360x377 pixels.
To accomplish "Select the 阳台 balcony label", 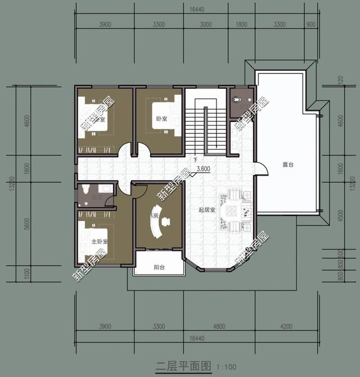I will click(160, 268).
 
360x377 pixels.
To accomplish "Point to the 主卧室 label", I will click(100, 242).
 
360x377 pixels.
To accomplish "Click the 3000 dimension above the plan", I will click(205, 24).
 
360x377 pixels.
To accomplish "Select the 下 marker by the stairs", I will click(196, 160).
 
